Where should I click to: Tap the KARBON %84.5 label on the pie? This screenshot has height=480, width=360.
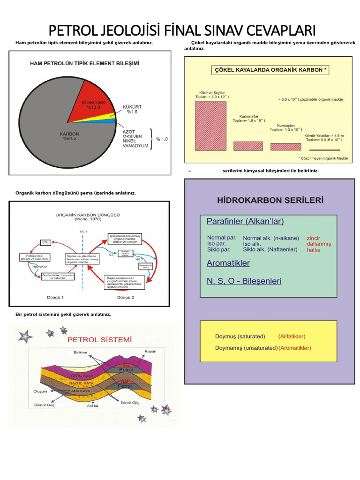[x=69, y=136]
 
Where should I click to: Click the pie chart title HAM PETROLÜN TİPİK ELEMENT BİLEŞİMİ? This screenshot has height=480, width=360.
[x=84, y=62]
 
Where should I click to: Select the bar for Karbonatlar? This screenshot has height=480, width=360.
[x=248, y=146]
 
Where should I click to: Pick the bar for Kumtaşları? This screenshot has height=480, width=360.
[x=285, y=147]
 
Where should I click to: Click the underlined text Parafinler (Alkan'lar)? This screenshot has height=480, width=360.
[x=245, y=221]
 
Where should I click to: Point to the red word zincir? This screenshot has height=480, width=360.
[x=314, y=238]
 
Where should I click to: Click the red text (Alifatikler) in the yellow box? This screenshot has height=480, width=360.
[x=292, y=337]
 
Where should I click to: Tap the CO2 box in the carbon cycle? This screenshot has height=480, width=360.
[x=45, y=243]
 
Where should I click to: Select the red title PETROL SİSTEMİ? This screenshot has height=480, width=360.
[x=99, y=339]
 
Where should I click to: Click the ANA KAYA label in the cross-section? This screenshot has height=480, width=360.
[x=79, y=390]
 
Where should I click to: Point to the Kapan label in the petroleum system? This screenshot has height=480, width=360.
[x=150, y=351]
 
